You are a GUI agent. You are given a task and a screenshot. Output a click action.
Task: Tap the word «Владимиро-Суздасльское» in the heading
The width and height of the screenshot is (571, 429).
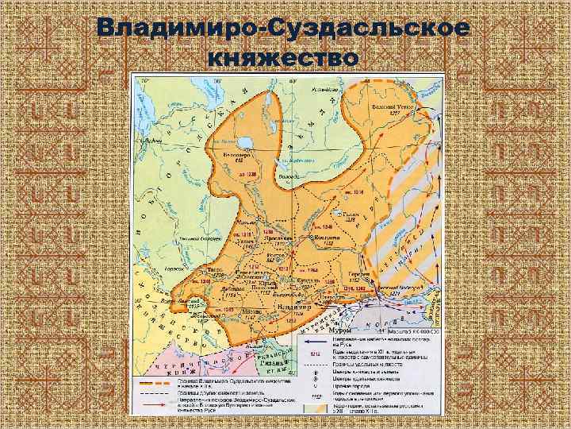pos(285,29)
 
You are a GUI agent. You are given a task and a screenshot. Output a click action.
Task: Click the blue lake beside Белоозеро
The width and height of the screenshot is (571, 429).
pos(244,141)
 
